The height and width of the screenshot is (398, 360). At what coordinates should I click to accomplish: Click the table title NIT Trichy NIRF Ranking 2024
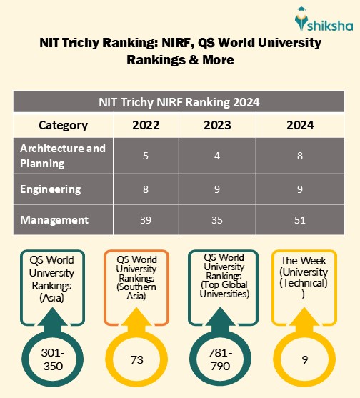[179, 101]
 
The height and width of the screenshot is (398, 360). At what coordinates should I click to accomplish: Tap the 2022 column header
[146, 125]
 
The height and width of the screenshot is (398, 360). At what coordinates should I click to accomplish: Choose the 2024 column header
[299, 125]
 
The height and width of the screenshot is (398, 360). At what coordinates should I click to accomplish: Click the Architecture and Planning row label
[63, 155]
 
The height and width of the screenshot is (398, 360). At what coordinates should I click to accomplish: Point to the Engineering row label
[51, 189]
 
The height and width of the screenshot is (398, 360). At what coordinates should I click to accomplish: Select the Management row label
[54, 220]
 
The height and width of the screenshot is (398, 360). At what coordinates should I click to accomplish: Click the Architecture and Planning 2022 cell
[146, 155]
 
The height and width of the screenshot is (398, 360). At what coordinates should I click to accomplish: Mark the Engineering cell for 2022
[146, 189]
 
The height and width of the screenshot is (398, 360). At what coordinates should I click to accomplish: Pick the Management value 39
[146, 220]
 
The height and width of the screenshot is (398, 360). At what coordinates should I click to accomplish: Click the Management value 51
[299, 220]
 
